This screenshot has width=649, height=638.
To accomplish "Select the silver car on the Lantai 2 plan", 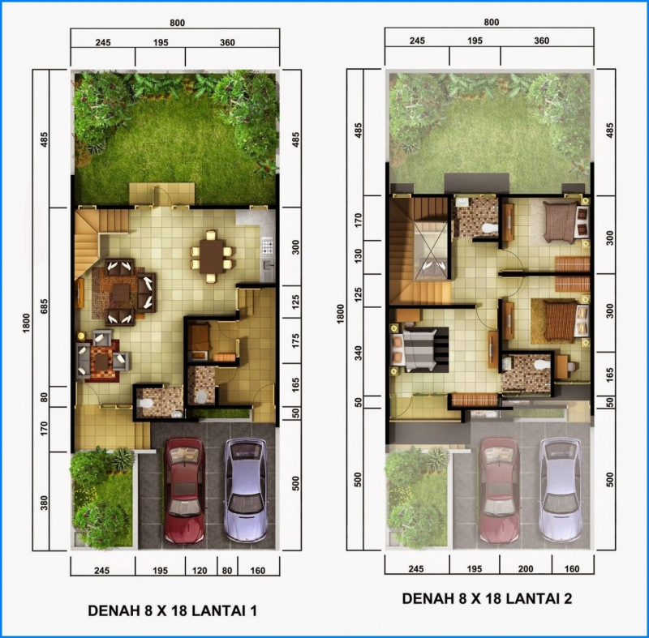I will click(561, 490).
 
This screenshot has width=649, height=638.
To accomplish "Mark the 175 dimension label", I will click(294, 339).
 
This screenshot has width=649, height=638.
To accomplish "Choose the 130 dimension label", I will click(358, 257).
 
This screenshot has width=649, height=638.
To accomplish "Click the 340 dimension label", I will click(358, 352).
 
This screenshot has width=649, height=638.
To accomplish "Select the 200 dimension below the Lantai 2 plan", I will click(526, 571).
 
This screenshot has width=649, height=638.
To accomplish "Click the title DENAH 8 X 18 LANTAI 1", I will click(172, 610).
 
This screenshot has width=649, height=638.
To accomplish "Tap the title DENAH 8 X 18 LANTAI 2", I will click(487, 599).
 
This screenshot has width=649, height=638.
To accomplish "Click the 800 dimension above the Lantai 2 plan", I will click(491, 23).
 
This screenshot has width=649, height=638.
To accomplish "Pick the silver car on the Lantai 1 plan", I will click(246, 490).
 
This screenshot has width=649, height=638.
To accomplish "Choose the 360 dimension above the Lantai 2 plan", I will click(542, 41).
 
